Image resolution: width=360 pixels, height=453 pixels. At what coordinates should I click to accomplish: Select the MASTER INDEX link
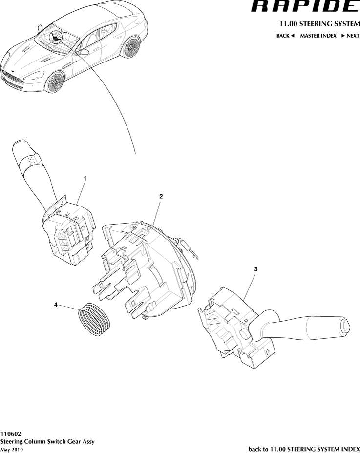318,36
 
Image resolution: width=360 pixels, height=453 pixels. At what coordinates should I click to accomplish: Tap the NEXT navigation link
350,36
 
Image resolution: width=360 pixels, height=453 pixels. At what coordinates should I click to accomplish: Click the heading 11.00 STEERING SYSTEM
319,23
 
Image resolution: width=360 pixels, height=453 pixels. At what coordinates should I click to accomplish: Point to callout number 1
85,179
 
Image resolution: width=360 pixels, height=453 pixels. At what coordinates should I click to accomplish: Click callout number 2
161,196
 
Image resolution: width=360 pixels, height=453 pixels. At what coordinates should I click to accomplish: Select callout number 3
255,269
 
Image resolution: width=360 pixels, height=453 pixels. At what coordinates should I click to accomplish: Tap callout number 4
56,305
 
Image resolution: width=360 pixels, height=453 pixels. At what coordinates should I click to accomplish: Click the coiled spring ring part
94,320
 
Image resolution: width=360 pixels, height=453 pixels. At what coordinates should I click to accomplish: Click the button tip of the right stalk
345,325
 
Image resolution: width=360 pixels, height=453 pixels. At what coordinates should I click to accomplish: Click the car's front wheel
54,83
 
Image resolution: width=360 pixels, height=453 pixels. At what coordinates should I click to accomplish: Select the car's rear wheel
131,47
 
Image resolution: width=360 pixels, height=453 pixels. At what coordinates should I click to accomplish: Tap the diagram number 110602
10,434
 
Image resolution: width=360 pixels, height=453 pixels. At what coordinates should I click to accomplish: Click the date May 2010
12,449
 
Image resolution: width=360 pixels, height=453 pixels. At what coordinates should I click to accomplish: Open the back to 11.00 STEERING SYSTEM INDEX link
304,449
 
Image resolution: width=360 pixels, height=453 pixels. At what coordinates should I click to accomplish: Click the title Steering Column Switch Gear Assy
47,442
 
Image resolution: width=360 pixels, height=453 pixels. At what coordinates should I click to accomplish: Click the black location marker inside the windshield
55,37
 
